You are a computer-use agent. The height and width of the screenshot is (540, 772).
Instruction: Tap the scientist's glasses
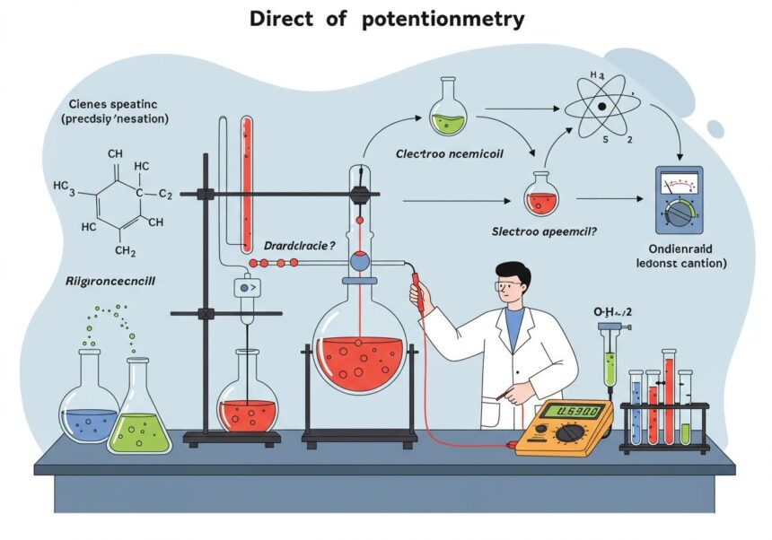(x=509, y=285)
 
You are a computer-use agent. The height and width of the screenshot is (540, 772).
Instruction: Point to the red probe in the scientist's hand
(x=418, y=292)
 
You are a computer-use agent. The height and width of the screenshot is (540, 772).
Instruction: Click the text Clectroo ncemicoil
(x=450, y=153)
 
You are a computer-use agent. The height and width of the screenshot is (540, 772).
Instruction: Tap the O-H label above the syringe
(x=612, y=311)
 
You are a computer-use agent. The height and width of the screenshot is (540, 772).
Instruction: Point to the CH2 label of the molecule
(x=127, y=250)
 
